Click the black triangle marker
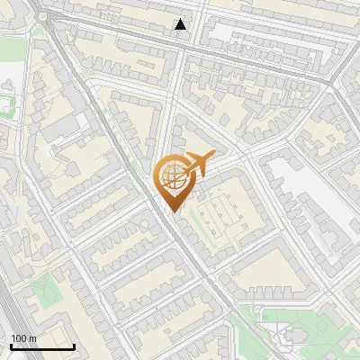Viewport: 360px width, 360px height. click(181, 24)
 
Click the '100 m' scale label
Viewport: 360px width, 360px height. click(22, 338)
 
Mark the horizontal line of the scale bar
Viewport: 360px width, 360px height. click(41, 346)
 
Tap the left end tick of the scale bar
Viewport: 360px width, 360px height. click(10, 345)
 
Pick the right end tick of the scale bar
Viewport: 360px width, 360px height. click(74, 345)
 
